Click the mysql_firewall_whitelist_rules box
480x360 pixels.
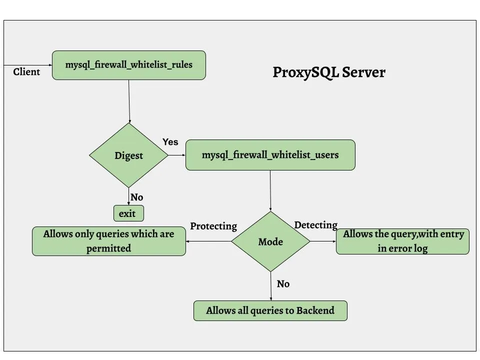coord(129,65)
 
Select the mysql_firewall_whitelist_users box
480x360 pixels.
coord(270,155)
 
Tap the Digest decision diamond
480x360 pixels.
coord(128,155)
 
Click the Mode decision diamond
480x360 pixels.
coord(270,242)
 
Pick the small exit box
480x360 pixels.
coord(128,214)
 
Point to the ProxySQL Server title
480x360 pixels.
coord(328,72)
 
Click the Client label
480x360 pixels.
coord(26,72)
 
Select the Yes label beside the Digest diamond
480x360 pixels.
coord(170,142)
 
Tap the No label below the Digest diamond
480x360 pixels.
coord(136,197)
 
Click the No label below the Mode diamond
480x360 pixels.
coord(283,284)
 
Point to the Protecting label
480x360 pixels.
coord(213,226)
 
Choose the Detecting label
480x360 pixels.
coord(315,225)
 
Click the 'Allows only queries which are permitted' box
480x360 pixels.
coord(108,241)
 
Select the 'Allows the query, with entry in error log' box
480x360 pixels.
coord(402,241)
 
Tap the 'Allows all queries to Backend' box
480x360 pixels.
coord(270,310)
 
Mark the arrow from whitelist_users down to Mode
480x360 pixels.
coord(270,190)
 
